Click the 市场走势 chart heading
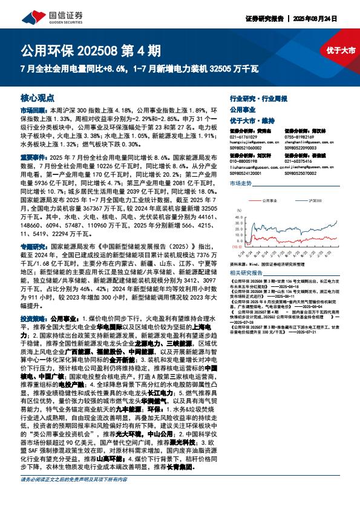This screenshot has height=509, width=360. pyautogui.click(x=241, y=182)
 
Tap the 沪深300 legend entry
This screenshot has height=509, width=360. pyautogui.click(x=315, y=200)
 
